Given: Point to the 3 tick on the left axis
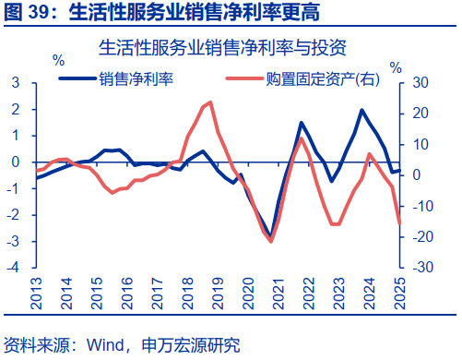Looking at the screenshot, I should coord(16,83).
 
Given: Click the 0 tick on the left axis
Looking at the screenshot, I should coord(16,162).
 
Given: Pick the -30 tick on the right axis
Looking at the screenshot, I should coord(420,269).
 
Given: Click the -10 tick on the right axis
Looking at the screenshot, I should coord(420,207).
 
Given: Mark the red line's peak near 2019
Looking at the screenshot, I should coord(211,102).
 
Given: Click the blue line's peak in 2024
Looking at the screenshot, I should coord(361,110).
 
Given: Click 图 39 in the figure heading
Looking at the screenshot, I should coord(25,12).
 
